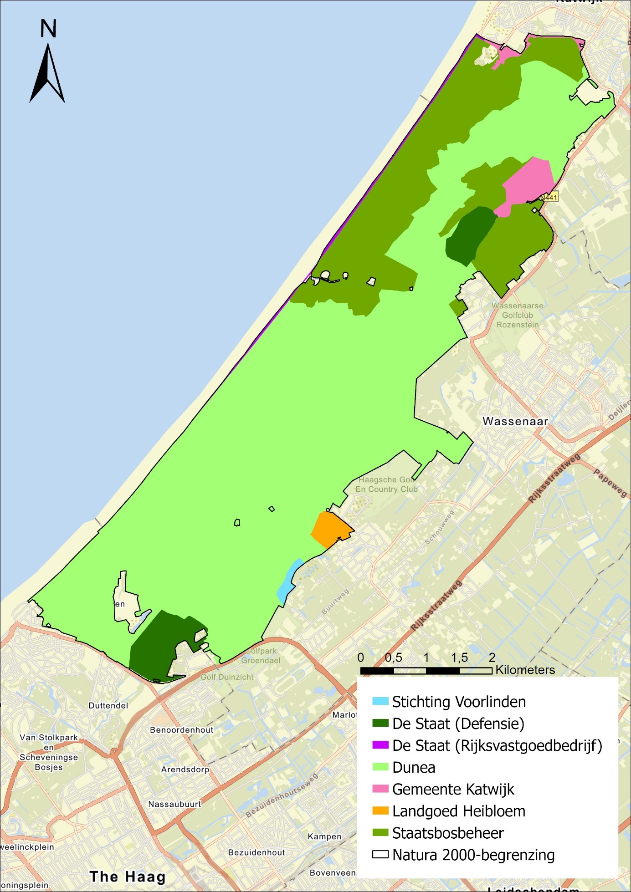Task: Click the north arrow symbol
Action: (47, 73)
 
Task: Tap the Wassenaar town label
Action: (515, 421)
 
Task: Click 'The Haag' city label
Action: (127, 876)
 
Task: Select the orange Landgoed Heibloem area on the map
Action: (330, 530)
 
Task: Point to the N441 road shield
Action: (549, 197)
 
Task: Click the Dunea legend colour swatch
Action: (380, 767)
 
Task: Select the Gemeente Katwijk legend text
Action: (453, 789)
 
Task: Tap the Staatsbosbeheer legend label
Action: (448, 833)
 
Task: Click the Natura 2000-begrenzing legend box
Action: (380, 855)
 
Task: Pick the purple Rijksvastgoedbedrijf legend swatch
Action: (380, 745)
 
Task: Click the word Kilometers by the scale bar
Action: (525, 670)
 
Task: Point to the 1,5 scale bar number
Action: (459, 658)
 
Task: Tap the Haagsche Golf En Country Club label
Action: (386, 484)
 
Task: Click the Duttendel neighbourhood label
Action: (108, 705)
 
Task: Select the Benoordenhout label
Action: (181, 730)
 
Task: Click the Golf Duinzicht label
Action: (227, 677)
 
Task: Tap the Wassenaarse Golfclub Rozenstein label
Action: (518, 315)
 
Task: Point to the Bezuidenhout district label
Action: (257, 852)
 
